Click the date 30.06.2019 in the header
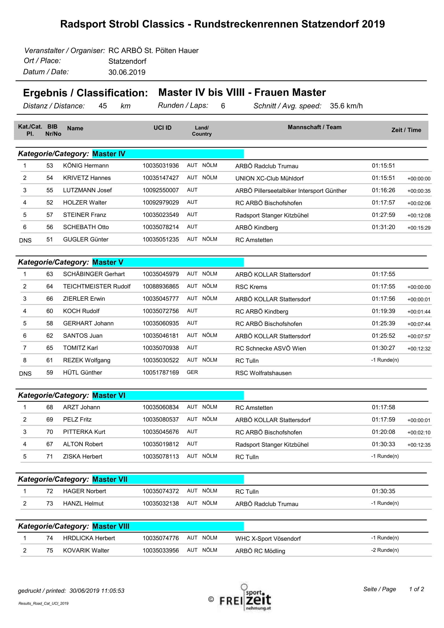(x=127, y=72)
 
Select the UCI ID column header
(x=162, y=128)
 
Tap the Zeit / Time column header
(x=406, y=130)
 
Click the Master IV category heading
(x=108, y=154)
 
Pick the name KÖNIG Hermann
(x=86, y=165)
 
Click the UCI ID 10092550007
(x=161, y=190)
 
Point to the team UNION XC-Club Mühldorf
(x=269, y=178)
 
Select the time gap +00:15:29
(x=418, y=228)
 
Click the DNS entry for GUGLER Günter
(x=25, y=240)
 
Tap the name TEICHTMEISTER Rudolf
(x=97, y=286)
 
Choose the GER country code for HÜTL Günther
(x=192, y=372)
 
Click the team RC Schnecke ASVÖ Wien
(x=270, y=349)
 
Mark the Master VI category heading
(x=108, y=395)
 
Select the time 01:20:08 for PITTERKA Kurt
(x=383, y=432)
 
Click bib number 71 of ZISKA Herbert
(x=49, y=456)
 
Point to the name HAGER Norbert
(x=85, y=491)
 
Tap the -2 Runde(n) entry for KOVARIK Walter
(x=385, y=550)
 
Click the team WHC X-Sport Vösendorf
(x=268, y=539)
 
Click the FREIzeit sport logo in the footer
(x=245, y=599)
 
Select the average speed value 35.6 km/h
(x=346, y=106)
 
